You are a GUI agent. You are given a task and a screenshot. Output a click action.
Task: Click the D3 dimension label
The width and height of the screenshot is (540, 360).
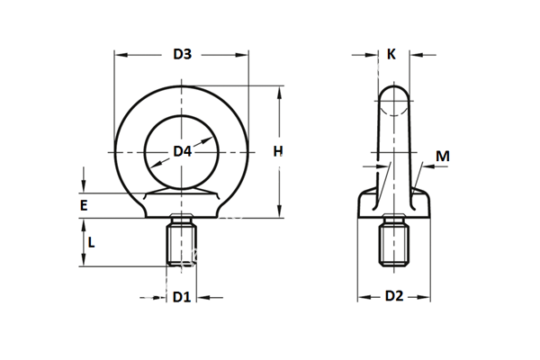182,54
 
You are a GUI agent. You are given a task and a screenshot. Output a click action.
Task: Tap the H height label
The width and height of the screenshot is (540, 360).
279,150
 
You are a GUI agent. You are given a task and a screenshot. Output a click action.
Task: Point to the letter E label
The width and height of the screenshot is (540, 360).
83,206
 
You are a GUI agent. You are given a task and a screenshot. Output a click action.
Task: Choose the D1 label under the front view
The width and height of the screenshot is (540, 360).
182,296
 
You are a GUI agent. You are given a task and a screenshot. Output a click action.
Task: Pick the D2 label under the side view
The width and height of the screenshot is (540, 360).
393,295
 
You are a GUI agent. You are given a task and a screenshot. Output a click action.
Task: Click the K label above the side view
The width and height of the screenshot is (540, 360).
391,54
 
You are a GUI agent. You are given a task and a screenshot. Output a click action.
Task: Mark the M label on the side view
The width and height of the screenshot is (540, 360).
442,156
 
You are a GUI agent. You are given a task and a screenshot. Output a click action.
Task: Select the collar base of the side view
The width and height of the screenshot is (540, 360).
393,205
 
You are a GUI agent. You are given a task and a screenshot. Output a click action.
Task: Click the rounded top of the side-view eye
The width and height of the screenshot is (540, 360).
392,94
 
